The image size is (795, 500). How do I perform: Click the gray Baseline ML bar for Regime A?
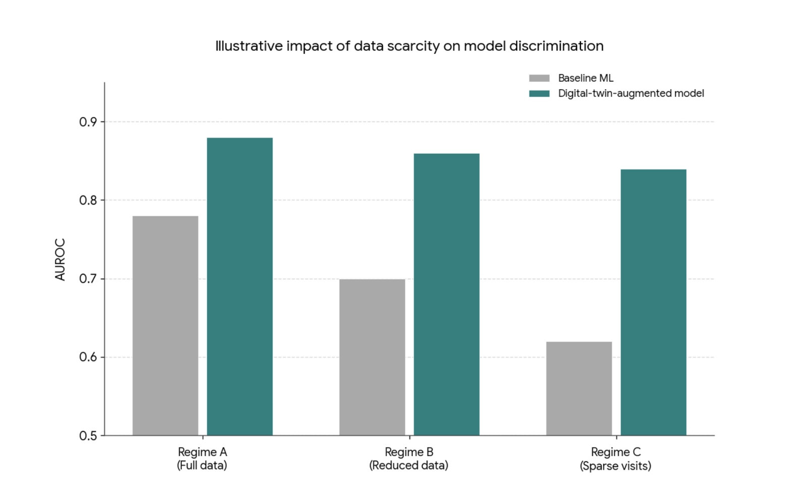[165, 326]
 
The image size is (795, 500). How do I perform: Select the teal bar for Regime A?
[240, 286]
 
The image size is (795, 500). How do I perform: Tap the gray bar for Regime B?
[372, 357]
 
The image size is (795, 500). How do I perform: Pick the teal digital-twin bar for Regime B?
[446, 294]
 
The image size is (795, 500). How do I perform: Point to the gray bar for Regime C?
[579, 388]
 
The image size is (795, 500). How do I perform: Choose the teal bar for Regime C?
[653, 302]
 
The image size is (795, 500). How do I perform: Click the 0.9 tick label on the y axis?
[88, 122]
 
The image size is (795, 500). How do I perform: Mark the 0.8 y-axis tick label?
[88, 201]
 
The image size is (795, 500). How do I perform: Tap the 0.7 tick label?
[88, 279]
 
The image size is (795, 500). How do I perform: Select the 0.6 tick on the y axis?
[88, 357]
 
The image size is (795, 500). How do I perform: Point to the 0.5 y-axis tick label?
[88, 436]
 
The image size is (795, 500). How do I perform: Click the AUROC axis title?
[60, 260]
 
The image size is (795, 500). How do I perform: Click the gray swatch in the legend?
[539, 78]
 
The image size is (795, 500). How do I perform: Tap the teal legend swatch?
[539, 94]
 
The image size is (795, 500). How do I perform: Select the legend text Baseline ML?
[585, 78]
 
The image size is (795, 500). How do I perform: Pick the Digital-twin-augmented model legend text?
[631, 94]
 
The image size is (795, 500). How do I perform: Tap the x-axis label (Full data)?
[202, 466]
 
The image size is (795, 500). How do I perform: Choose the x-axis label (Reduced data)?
[409, 466]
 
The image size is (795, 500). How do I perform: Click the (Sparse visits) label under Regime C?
[615, 466]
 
